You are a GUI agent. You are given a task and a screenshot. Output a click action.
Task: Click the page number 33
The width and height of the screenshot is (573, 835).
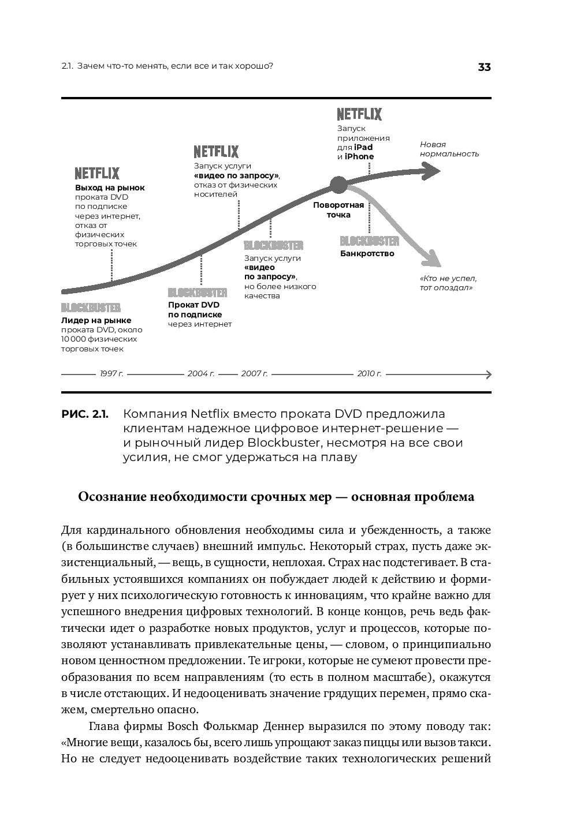pos(484,67)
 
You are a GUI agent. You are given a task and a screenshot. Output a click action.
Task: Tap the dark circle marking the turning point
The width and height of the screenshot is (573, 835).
pos(338,185)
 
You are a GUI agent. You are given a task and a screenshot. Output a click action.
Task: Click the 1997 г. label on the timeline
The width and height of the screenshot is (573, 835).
pos(111,374)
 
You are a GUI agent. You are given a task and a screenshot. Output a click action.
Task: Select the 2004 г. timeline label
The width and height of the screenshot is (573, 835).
pos(201,374)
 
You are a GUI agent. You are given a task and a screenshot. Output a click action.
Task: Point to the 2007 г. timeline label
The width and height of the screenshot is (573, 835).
pos(254,374)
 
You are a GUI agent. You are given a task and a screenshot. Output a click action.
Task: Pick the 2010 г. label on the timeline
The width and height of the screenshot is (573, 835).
pos(369,374)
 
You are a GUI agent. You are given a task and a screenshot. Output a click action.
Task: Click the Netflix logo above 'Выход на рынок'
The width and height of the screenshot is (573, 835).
pos(97,173)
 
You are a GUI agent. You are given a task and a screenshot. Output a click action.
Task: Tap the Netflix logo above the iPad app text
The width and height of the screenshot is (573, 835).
pos(359,114)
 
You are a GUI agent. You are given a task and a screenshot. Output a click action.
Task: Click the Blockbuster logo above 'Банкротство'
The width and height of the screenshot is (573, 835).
pos(370,241)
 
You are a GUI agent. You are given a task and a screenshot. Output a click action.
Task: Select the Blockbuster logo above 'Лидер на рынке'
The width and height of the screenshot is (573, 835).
pos(91,308)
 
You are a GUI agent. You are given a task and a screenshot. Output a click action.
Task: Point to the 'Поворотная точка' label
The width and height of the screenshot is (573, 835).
pos(338,210)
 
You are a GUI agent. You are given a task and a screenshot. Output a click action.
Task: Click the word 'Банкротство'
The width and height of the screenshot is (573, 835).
pos(367,253)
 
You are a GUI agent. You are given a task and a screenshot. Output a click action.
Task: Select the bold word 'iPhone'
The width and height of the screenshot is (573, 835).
pos(359,156)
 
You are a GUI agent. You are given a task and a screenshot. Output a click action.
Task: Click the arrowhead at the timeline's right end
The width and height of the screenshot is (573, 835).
pos(488,374)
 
